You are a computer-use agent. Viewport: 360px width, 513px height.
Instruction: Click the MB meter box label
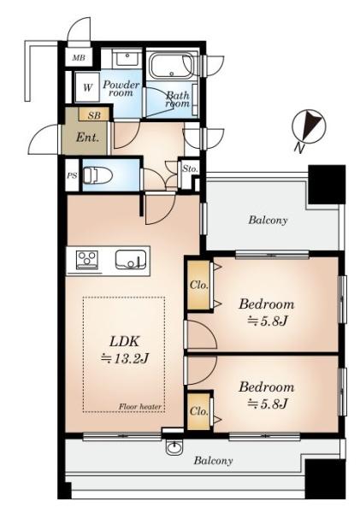tap(79, 58)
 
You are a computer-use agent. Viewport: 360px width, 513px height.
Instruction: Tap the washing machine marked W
tap(87, 87)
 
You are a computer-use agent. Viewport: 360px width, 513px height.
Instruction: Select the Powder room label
tap(121, 88)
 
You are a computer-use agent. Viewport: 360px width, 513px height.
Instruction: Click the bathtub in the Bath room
tap(172, 66)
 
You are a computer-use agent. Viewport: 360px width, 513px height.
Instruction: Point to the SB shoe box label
tap(94, 115)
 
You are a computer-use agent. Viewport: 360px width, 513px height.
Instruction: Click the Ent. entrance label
tap(87, 138)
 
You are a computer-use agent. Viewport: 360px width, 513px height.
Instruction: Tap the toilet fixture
tap(97, 175)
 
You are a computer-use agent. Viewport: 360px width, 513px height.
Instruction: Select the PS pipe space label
tap(72, 175)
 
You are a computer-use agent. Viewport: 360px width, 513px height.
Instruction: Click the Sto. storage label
tap(190, 168)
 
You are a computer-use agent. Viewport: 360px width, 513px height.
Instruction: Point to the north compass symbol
tap(310, 127)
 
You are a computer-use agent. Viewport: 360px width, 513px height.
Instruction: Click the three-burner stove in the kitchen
tap(87, 260)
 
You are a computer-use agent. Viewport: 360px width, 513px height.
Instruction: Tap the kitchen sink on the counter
tap(131, 260)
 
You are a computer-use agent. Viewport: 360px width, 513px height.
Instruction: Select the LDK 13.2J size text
tap(125, 359)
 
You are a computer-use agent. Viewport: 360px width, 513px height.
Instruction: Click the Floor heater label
tap(139, 407)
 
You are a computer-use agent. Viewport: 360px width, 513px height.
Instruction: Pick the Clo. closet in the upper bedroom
tap(199, 285)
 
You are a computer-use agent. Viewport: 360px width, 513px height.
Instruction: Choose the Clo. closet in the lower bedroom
tap(198, 411)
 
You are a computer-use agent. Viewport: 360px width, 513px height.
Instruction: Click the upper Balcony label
tap(268, 220)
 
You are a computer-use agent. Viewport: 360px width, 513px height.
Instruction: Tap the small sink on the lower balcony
tap(175, 447)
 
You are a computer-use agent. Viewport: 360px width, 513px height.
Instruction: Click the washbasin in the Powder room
tap(126, 60)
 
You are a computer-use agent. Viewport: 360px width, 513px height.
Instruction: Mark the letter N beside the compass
tap(298, 149)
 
